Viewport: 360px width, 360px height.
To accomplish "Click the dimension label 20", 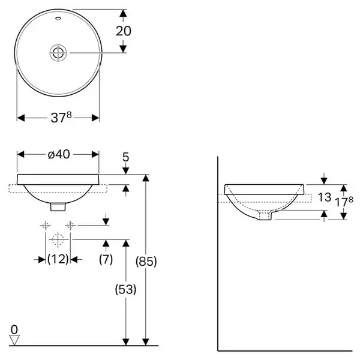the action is tap(123, 31).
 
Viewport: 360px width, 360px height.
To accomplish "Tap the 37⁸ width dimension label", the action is tap(61, 118).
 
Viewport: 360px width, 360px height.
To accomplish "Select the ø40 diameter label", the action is tap(59, 154).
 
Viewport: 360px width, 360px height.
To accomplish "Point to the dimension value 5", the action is tap(125, 157).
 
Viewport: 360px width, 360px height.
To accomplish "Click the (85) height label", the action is tap(146, 261).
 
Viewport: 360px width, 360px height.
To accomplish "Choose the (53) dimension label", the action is tap(125, 289).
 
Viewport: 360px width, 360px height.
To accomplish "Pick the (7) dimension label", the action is tap(106, 259).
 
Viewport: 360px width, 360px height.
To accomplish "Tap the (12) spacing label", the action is tap(58, 259).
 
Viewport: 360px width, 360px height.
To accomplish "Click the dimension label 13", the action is tap(325, 197).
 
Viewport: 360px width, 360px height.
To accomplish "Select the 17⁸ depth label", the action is tap(344, 202).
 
